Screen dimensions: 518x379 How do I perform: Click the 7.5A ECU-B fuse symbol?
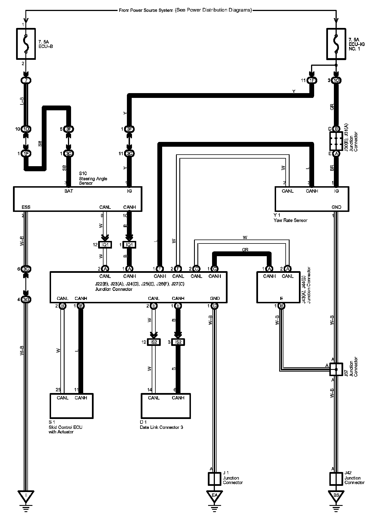coord(26,44)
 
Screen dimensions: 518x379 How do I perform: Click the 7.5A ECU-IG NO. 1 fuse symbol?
coord(336,44)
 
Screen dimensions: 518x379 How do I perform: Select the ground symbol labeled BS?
coord(336,495)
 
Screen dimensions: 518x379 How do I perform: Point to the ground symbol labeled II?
coord(26,495)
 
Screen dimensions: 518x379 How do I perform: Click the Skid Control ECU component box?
coord(71,406)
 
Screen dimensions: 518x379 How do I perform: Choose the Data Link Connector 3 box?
coord(166,406)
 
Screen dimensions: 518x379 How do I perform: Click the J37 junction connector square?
coord(336,369)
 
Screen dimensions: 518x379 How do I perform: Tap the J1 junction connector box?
coord(214,479)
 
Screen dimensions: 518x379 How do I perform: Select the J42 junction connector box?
coord(336,479)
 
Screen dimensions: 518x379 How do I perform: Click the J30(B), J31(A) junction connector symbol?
coord(336,141)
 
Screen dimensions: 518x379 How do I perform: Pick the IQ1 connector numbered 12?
coord(105,245)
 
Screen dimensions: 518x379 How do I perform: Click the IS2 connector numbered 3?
coord(178,342)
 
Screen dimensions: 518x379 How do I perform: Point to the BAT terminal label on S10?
coord(69,191)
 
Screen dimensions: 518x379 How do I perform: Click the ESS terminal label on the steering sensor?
coord(26,207)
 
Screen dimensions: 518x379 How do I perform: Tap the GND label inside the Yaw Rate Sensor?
coord(336,207)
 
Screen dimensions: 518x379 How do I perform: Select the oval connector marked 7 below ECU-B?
coord(26,81)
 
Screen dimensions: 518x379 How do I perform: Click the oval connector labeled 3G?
coord(26,300)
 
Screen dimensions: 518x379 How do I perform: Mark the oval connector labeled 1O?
coord(336,81)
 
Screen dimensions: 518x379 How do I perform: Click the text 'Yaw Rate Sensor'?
coord(290,220)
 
